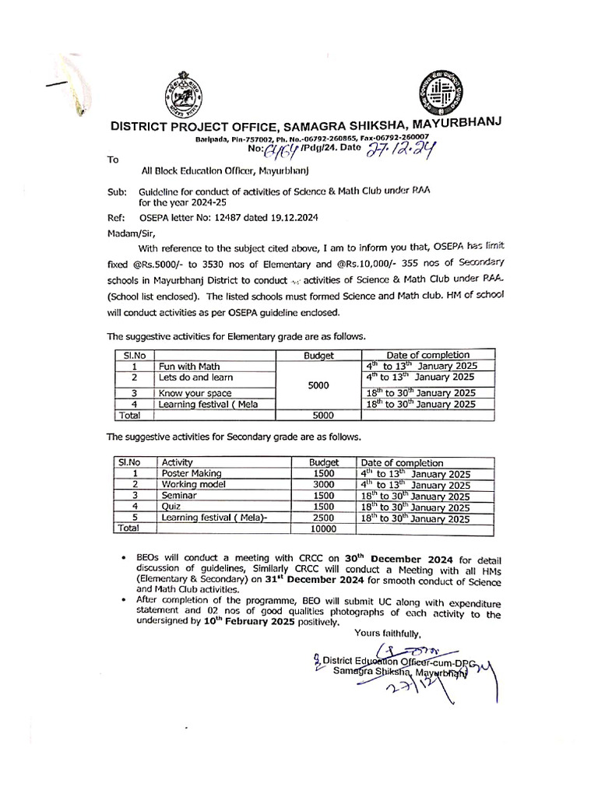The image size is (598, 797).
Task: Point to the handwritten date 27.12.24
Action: [399, 148]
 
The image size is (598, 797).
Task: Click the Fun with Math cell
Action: [189, 366]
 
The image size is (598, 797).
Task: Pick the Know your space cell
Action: [195, 393]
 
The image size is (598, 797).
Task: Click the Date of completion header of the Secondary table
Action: [403, 462]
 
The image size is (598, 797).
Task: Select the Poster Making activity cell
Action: [192, 473]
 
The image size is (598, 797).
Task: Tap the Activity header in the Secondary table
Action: [177, 462]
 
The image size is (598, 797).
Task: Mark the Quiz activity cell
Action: [171, 507]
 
